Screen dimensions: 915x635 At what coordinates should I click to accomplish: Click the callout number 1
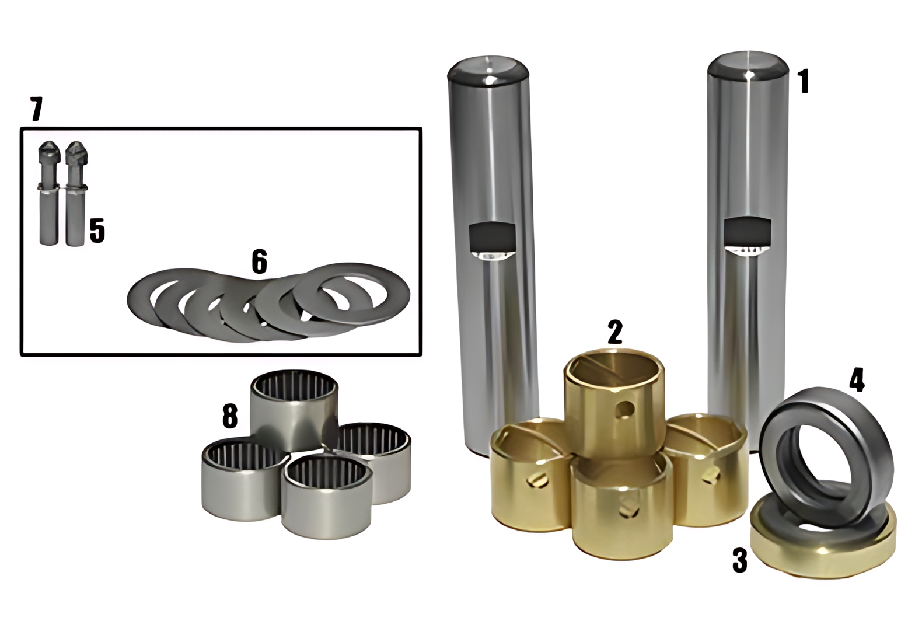[804, 81]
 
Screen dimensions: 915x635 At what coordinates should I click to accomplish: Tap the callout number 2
[615, 332]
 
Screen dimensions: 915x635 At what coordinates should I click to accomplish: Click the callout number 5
[97, 231]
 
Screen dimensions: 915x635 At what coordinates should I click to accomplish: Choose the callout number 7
[36, 109]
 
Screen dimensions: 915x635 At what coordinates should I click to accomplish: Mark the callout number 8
[230, 415]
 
